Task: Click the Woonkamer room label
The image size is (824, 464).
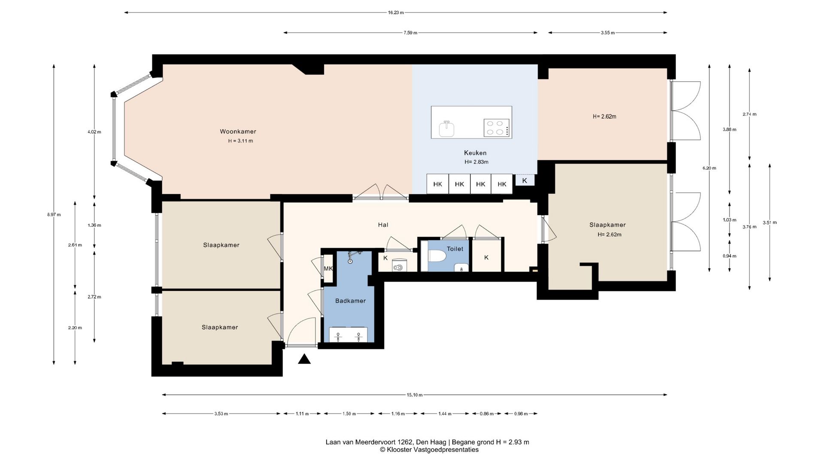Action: (238, 131)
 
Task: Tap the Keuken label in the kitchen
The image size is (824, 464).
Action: (475, 153)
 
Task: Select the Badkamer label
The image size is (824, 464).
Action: (350, 301)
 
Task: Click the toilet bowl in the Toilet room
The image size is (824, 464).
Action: (437, 256)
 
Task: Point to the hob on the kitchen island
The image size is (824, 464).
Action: (497, 128)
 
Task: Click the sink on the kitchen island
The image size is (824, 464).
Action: (446, 128)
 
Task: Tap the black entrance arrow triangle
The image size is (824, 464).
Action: (304, 359)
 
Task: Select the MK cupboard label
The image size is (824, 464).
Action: (328, 269)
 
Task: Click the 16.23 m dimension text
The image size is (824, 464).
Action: (396, 12)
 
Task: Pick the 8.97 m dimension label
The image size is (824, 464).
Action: (54, 214)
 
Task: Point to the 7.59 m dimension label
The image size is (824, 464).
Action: (410, 33)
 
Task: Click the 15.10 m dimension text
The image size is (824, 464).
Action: (415, 395)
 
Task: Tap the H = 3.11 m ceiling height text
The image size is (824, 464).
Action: (240, 141)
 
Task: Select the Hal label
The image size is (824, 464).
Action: (383, 225)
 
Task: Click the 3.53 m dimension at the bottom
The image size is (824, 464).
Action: (221, 414)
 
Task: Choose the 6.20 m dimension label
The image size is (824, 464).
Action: (709, 168)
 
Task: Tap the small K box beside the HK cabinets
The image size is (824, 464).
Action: (524, 180)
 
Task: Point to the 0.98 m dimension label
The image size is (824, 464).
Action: (521, 414)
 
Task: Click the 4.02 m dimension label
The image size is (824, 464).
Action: (94, 132)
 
